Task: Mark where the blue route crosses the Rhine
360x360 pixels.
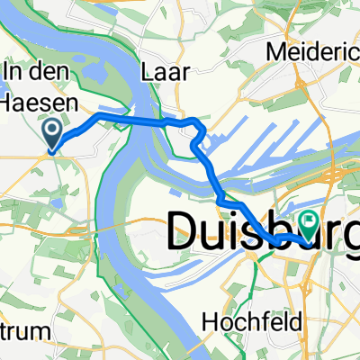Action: [135, 119]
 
